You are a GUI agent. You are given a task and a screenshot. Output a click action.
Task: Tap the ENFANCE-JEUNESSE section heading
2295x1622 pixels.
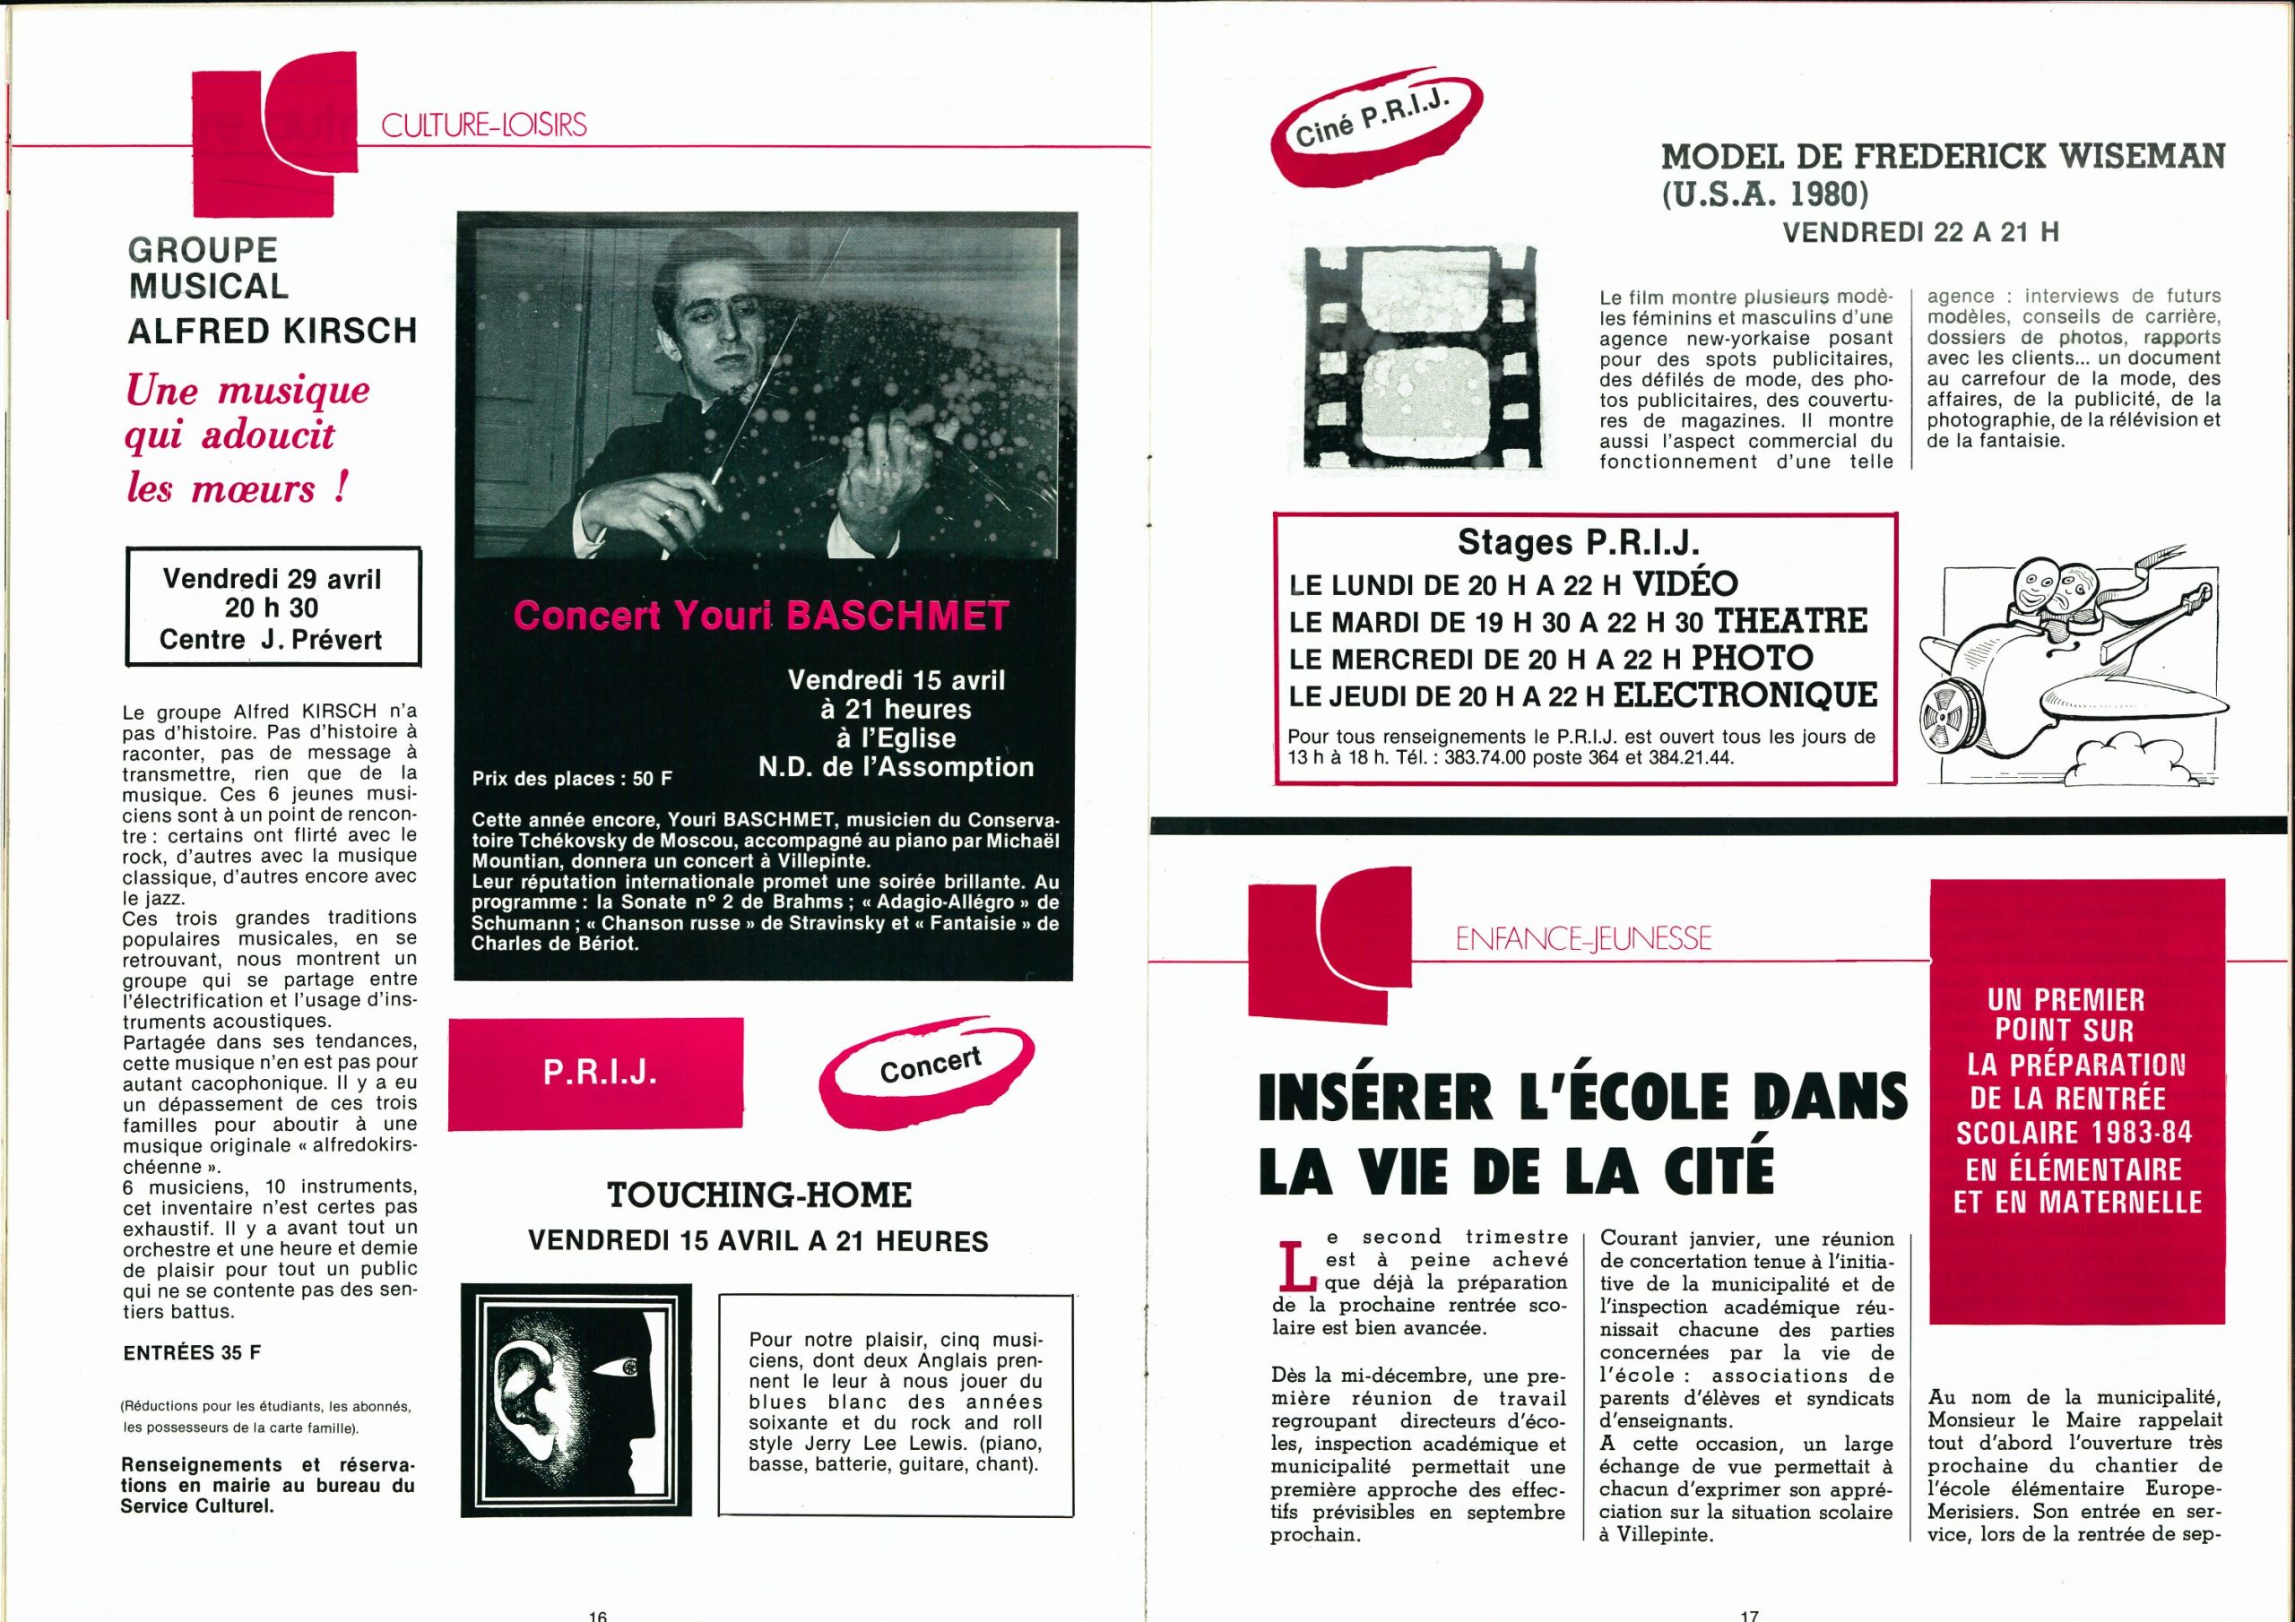[x=1583, y=937]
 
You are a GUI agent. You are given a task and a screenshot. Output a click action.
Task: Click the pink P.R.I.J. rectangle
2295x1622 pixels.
[x=596, y=1074]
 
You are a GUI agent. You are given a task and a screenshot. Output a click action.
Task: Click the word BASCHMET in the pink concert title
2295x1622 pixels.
[x=897, y=616]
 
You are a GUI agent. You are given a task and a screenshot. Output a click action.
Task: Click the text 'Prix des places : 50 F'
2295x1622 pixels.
[x=573, y=778]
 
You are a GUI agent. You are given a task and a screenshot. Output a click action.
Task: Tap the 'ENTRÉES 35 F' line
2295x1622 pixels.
[x=192, y=1353]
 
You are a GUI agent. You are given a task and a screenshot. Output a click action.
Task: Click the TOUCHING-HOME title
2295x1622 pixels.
[x=759, y=1195]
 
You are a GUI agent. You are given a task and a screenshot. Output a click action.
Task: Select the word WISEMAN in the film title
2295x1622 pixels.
[x=2135, y=156]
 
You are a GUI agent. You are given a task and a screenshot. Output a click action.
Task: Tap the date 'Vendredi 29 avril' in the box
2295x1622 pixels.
[x=272, y=579]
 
